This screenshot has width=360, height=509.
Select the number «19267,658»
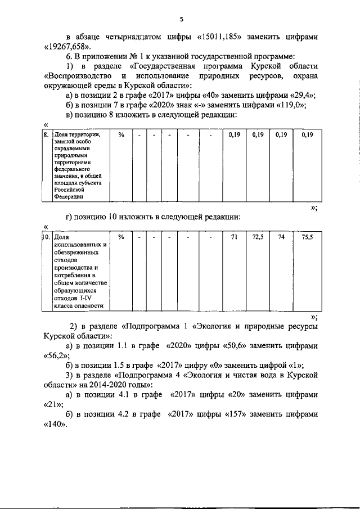[65, 46]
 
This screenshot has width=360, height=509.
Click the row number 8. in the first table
[47, 135]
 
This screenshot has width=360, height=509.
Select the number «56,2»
[55, 355]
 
